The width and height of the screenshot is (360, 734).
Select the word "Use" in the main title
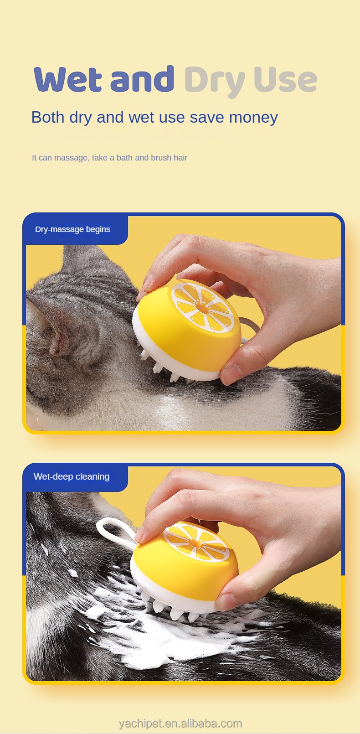click(x=285, y=80)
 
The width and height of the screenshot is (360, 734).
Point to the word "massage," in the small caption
click(x=72, y=158)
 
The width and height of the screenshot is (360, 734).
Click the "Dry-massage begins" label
click(x=73, y=229)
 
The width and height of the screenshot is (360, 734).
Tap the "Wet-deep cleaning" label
click(x=72, y=476)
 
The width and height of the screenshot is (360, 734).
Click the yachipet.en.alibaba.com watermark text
click(x=180, y=724)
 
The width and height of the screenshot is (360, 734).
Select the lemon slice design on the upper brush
click(x=202, y=307)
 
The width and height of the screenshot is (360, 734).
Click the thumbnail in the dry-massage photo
click(x=232, y=373)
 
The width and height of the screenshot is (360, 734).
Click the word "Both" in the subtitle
click(x=48, y=117)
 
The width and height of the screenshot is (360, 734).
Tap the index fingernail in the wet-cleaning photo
click(x=140, y=535)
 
